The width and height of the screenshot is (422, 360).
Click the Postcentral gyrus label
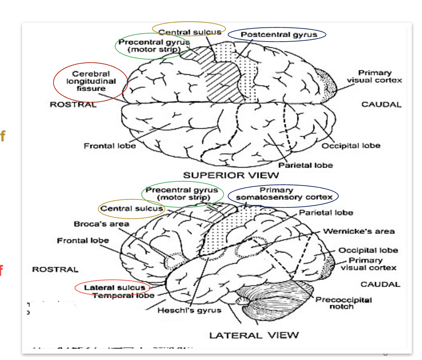tap(279, 35)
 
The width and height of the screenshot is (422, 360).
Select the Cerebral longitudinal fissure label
tap(91, 81)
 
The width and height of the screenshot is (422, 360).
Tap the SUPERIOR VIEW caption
tap(231, 175)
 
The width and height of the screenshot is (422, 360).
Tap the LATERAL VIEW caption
tap(254, 335)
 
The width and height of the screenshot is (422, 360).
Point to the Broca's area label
tap(101, 224)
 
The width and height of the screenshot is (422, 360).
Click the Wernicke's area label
tap(359, 231)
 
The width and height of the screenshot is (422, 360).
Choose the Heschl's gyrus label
tap(189, 310)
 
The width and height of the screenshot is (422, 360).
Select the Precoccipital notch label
tap(343, 303)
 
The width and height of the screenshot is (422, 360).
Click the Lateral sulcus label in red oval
tap(114, 287)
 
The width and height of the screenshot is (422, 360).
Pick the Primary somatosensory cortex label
tap(284, 194)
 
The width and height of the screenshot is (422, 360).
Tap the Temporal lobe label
tap(123, 295)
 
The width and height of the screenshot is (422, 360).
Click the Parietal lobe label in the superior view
tap(305, 165)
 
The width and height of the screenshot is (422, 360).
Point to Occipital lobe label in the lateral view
tap(368, 250)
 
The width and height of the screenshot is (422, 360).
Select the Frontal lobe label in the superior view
tap(110, 146)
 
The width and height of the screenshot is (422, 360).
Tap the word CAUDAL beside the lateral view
tap(380, 284)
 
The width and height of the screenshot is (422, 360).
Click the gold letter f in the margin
tap(3, 136)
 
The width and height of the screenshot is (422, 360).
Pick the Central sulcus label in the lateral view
tap(132, 208)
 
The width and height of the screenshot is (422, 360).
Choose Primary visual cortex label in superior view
tap(374, 76)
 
